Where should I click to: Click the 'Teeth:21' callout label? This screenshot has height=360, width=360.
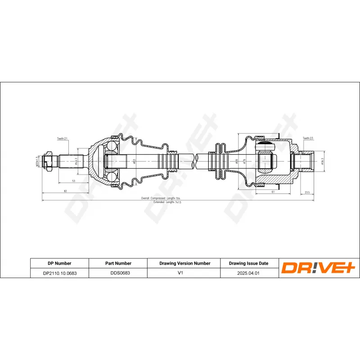(x=63, y=139)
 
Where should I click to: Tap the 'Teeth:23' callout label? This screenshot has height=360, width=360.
(x=308, y=138)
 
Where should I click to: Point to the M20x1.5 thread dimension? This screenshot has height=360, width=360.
(x=38, y=161)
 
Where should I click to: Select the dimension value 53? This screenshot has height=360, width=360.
(x=73, y=181)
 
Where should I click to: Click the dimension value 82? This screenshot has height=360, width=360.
(x=66, y=191)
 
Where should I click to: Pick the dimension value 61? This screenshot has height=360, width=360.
(x=274, y=191)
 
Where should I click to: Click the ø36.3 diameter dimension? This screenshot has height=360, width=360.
(x=323, y=161)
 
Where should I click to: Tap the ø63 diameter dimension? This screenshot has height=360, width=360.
(x=135, y=161)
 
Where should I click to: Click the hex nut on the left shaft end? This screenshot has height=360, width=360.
(x=47, y=161)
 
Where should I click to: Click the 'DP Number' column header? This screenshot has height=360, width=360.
(x=59, y=263)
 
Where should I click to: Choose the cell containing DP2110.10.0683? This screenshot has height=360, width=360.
(x=59, y=273)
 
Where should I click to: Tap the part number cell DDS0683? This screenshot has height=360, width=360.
(x=118, y=273)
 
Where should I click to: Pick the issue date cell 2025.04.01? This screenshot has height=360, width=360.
(x=249, y=273)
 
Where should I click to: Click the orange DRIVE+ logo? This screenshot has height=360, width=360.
(x=318, y=268)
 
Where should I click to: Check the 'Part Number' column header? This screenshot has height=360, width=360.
(x=118, y=263)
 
